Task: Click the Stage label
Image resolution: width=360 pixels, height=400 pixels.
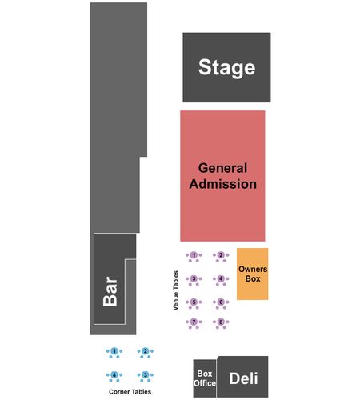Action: [x=226, y=68]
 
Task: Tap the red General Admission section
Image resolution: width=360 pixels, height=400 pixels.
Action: [x=222, y=176]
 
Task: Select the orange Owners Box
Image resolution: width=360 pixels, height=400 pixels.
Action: [x=253, y=274]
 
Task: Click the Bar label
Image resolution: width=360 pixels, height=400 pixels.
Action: [x=110, y=291]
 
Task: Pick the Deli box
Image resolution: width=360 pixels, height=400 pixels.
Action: [x=242, y=377]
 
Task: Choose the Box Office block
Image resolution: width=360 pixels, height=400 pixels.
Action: [x=205, y=378]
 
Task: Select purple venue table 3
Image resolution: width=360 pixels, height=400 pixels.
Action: [x=194, y=279]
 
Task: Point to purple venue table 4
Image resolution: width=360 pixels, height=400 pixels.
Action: [x=221, y=279]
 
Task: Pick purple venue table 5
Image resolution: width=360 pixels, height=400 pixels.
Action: [x=194, y=302]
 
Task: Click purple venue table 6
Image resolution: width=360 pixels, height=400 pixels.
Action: [x=221, y=302]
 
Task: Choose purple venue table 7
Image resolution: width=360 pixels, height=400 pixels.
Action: [x=194, y=322]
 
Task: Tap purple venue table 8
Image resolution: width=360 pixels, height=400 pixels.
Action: [x=221, y=322]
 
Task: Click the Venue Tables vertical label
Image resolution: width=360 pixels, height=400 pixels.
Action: [x=176, y=290]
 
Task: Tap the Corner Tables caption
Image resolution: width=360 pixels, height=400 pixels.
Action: [x=130, y=392]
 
